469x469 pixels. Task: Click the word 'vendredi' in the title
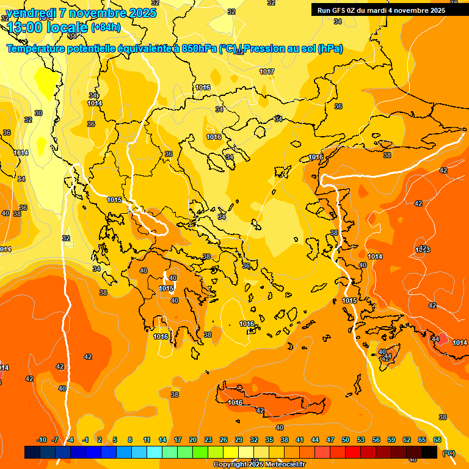28,13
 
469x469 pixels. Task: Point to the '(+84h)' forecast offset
106,27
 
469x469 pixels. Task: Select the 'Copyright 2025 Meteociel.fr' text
260,464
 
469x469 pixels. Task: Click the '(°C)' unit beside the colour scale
448,453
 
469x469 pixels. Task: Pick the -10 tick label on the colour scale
42,440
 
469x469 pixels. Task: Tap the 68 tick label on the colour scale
437,440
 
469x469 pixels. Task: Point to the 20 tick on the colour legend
193,440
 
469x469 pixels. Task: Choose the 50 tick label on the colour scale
346,440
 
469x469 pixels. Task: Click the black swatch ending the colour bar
429,452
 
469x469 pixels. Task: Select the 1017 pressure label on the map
267,71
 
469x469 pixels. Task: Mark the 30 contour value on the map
38,113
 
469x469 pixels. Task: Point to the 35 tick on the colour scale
269,440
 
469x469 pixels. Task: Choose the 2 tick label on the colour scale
100,440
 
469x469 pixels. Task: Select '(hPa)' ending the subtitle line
330,48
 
